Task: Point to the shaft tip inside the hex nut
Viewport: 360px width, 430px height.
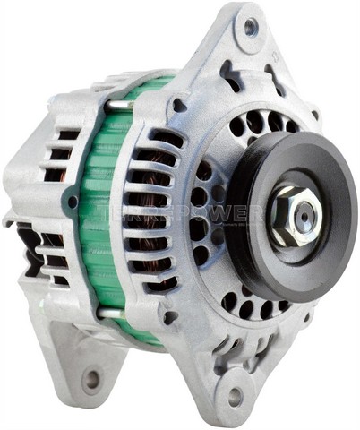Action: click(x=303, y=213)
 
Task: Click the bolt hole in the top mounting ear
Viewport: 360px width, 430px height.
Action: click(x=251, y=27)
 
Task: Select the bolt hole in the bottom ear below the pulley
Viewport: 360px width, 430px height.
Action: click(x=235, y=395)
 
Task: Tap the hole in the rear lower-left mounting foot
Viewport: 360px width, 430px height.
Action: click(x=90, y=379)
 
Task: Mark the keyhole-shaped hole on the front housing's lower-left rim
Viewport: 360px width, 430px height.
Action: click(x=169, y=317)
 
